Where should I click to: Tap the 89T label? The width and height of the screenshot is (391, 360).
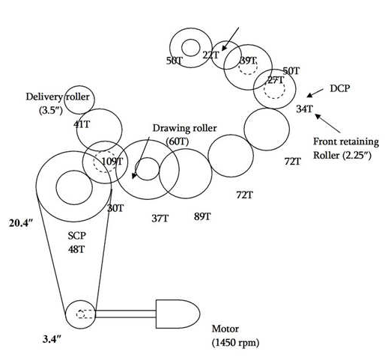202,216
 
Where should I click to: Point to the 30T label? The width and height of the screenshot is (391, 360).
115,208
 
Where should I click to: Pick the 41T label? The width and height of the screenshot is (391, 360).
82,125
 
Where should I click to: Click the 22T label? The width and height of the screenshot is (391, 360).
212,55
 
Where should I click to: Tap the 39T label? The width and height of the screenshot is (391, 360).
248,61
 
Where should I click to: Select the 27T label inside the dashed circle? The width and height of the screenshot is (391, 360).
276,80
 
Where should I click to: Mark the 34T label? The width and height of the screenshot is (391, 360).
304,109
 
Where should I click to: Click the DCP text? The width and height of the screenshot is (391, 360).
340,88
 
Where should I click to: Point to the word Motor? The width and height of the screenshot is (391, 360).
226,329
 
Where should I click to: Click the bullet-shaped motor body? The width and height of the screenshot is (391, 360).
177,312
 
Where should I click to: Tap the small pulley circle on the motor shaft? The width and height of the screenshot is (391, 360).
78,313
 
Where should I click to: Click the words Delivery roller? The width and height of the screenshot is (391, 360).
58,97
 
